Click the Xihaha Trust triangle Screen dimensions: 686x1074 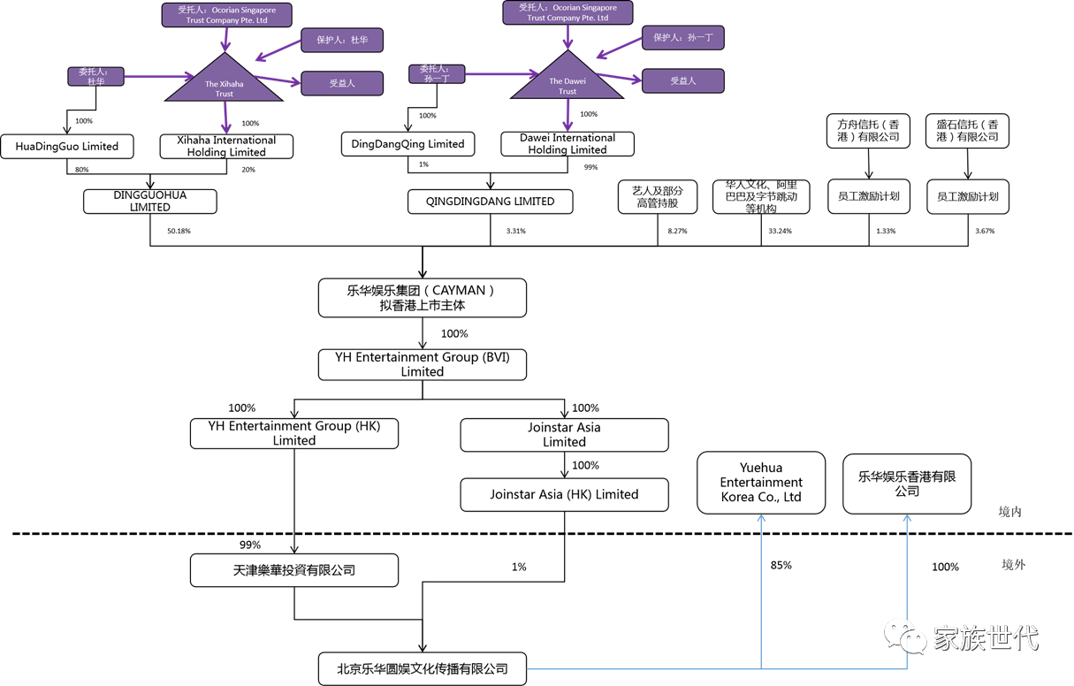pos(224,84)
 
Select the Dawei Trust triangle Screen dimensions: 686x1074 pos(567,81)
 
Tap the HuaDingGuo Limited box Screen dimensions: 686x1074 pos(67,147)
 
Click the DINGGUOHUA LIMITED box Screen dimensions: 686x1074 pos(150,202)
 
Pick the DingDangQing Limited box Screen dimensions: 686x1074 pos(408,144)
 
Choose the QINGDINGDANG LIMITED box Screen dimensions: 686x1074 pos(490,202)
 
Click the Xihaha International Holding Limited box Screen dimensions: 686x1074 pos(226,147)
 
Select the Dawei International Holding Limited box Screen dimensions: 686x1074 pos(567,144)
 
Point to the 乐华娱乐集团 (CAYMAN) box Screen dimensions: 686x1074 pos(422,298)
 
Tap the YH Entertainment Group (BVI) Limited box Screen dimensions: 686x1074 pos(422,364)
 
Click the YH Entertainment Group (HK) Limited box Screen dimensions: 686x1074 pos(294,433)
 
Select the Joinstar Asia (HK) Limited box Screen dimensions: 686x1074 pos(564,495)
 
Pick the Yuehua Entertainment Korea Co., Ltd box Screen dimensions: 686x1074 pos(761,483)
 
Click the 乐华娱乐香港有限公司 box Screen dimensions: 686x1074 pos(907,483)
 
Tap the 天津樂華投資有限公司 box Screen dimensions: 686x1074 pos(294,570)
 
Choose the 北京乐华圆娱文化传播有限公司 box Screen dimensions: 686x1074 pos(422,668)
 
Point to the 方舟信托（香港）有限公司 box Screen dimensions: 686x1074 pos(868,131)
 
